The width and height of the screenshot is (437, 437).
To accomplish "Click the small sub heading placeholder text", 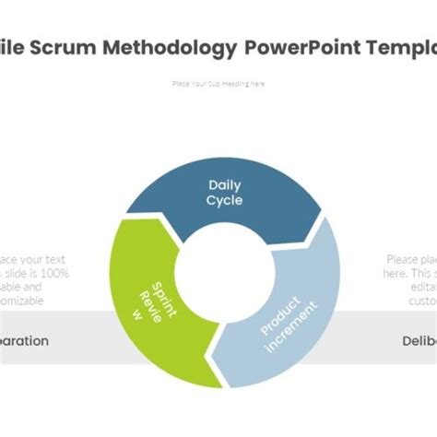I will coord(218,84).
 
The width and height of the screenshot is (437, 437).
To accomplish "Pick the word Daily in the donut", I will coord(224,185).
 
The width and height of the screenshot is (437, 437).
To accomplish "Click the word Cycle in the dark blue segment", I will coord(224,200).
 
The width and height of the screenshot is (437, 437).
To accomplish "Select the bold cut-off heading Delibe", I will coord(418,340).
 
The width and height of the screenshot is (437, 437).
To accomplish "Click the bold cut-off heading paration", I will coord(24,340).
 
